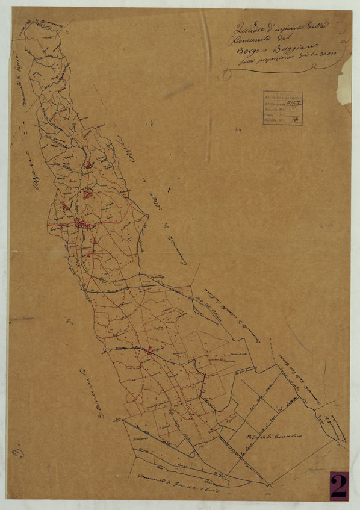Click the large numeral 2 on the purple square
338,485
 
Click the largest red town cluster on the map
83,225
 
